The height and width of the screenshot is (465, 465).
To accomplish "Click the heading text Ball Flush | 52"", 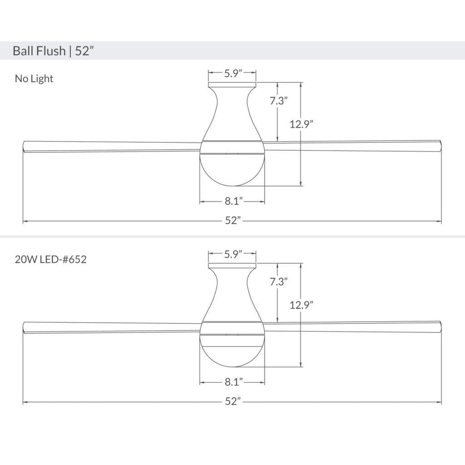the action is pos(53,51).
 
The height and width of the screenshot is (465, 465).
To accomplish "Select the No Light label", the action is pos(34,79).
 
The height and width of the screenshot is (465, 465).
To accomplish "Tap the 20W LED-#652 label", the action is pos(51,259).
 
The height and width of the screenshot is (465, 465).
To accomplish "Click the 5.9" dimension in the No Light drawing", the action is pos(233,73).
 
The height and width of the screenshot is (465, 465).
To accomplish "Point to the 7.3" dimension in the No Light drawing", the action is pos(279,100).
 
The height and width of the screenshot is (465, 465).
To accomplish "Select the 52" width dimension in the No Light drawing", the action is pos(232,220).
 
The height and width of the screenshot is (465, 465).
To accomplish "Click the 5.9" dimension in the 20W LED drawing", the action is pos(233,254).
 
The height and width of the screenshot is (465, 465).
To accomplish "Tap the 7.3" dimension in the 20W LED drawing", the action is pos(279,281).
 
